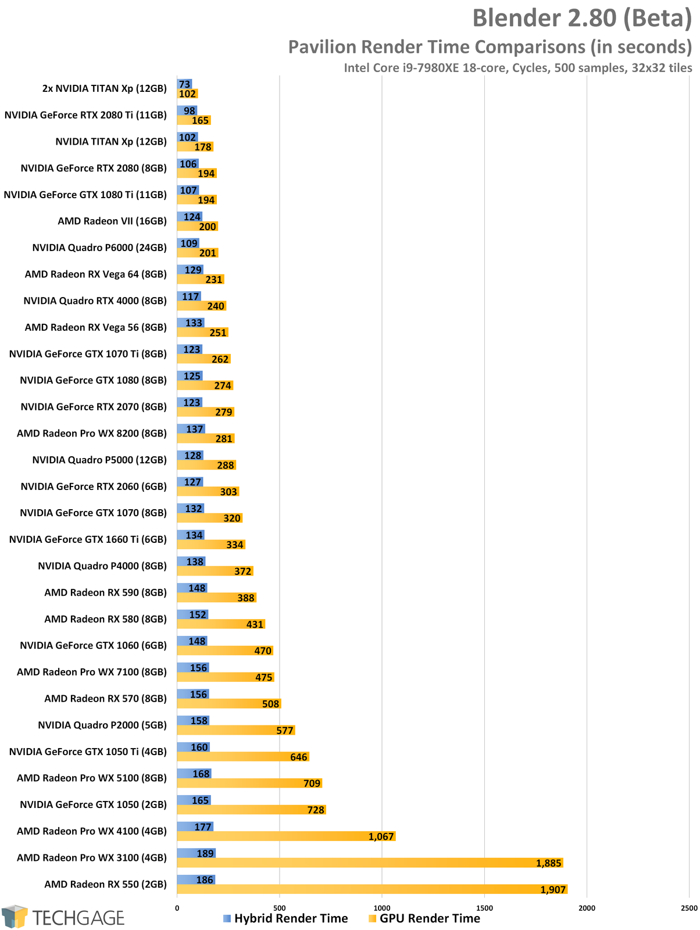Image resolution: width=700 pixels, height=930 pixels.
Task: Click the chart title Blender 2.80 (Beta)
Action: click(581, 19)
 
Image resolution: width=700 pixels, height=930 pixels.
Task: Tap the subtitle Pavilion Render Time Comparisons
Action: click(490, 46)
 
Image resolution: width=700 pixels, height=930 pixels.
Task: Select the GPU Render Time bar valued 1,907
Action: click(372, 889)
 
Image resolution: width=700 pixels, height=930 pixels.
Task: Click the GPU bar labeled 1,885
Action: click(370, 863)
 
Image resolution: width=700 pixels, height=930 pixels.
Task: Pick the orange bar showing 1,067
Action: click(286, 836)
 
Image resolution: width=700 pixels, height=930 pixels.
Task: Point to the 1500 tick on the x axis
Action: click(484, 908)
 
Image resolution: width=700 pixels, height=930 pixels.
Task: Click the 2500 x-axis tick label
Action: click(689, 908)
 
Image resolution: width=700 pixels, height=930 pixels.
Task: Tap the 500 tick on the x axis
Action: click(279, 908)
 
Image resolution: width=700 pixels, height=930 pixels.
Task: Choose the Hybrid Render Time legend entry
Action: click(285, 918)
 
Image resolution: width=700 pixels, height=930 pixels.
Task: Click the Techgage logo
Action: click(63, 917)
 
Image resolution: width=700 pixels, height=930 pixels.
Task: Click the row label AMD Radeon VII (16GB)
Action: click(112, 221)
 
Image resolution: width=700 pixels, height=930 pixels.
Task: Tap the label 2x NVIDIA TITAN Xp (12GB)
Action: click(105, 88)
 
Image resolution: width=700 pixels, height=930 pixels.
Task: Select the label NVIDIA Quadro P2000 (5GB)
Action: click(102, 725)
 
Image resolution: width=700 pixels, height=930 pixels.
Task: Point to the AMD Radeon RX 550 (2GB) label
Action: click(105, 884)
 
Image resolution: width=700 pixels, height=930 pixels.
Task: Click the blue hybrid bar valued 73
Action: click(184, 84)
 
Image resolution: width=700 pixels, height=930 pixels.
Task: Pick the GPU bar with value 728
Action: click(251, 810)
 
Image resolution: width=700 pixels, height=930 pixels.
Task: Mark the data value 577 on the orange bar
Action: click(285, 731)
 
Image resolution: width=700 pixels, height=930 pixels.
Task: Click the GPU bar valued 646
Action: click(242, 757)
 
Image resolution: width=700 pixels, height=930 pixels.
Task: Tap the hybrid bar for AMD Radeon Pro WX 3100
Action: click(196, 853)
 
